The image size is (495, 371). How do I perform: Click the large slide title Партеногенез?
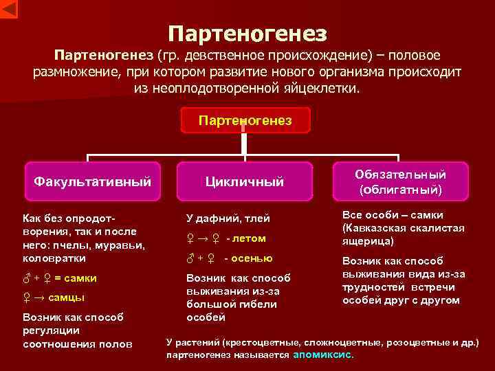click(247, 32)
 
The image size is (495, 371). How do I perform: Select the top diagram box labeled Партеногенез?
click(245, 120)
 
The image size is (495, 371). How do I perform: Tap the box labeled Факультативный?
click(93, 182)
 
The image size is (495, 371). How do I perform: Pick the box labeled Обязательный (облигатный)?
click(401, 181)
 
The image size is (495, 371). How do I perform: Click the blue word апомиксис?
click(322, 355)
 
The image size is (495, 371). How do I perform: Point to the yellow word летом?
click(248, 238)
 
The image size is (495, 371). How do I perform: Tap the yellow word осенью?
click(252, 258)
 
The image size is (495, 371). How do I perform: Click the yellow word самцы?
click(67, 297)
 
